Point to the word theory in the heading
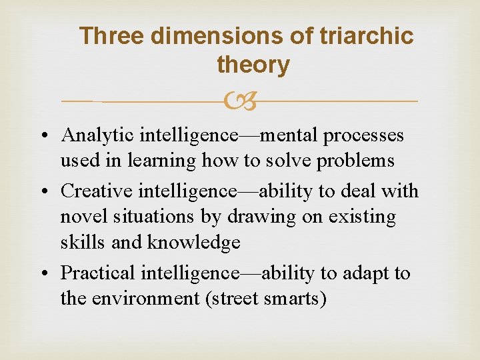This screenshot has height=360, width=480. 253,65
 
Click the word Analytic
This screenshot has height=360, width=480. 98,135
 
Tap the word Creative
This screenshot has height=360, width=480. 97,191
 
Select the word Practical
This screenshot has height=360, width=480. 99,273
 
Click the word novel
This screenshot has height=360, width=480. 77,217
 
